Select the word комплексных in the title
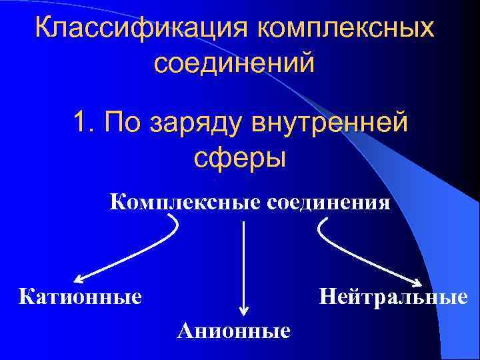(344, 29)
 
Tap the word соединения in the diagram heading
(329, 200)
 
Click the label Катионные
(81, 295)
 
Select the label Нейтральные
(393, 295)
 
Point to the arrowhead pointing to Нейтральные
(419, 285)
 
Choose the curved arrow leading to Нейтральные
(360, 257)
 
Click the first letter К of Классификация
(43, 29)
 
